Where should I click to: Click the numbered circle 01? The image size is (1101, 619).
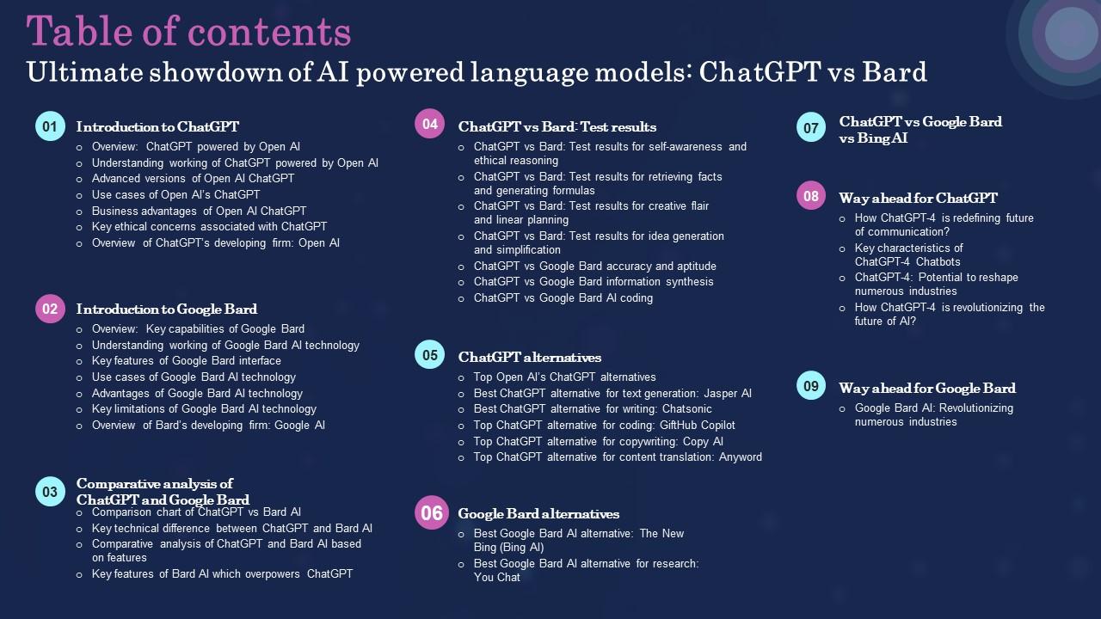[50, 126]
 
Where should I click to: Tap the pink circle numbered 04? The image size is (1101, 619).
[430, 124]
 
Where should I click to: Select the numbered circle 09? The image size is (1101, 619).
[811, 386]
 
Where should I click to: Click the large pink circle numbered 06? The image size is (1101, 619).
[432, 513]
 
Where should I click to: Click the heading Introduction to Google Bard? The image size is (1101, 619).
[166, 309]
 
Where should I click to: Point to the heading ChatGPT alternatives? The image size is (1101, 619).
[529, 357]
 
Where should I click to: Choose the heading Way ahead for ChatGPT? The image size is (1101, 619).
[918, 198]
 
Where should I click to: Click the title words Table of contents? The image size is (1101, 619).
[188, 32]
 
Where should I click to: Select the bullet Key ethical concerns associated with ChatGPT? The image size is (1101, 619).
[209, 227]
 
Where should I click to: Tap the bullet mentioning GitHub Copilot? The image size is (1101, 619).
[604, 425]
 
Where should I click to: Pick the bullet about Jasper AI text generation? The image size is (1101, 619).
[612, 393]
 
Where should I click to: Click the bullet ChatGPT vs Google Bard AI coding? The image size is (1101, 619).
[563, 298]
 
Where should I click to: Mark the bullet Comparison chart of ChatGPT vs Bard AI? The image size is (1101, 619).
[196, 512]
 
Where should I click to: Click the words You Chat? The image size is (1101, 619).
[496, 578]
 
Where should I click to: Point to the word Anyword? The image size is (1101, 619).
[740, 457]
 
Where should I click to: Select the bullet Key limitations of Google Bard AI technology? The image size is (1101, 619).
[204, 409]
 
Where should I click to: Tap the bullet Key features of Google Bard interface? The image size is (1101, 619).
[186, 361]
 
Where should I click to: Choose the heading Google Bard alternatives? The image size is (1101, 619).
[538, 513]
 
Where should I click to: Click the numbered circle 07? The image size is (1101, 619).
[811, 129]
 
